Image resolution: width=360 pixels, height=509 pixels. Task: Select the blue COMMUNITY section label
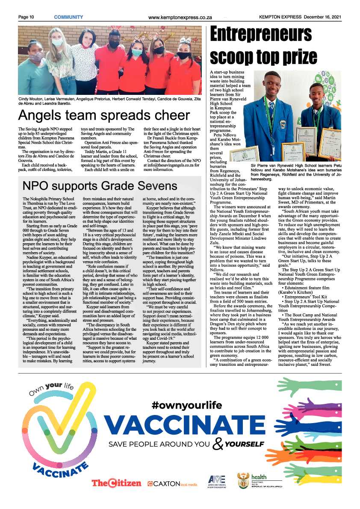coord(68,17)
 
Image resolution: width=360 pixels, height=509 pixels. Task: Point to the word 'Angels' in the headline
coord(43,115)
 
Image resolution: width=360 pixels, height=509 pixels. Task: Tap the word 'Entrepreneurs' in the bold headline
coord(261,34)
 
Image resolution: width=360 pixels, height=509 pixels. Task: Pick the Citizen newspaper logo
coord(116,483)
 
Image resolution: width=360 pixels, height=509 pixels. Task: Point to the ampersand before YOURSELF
coord(218,445)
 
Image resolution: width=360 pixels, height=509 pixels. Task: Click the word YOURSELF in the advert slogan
coord(244,444)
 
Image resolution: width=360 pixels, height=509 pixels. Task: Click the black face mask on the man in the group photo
coord(114,44)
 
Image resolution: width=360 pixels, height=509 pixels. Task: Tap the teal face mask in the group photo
coord(136,52)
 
